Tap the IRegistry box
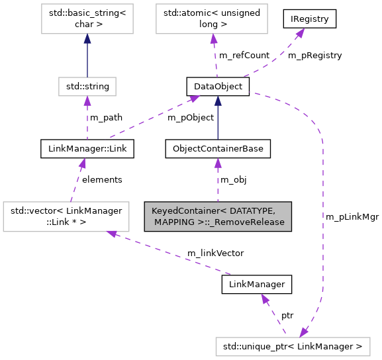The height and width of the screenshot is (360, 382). (309, 19)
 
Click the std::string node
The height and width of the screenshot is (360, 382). (87, 86)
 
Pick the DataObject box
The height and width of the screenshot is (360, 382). (217, 86)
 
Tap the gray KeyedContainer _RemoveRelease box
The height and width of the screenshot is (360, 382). (218, 216)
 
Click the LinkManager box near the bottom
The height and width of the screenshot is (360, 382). (256, 284)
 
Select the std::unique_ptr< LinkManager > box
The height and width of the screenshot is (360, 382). (292, 346)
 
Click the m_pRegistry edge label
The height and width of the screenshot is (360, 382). (314, 56)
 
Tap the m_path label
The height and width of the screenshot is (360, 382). (106, 118)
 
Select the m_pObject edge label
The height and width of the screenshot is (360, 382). (191, 118)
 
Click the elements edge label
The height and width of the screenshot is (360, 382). (102, 179)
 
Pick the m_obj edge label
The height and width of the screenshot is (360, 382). (233, 179)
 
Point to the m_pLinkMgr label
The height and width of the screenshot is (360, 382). (352, 216)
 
